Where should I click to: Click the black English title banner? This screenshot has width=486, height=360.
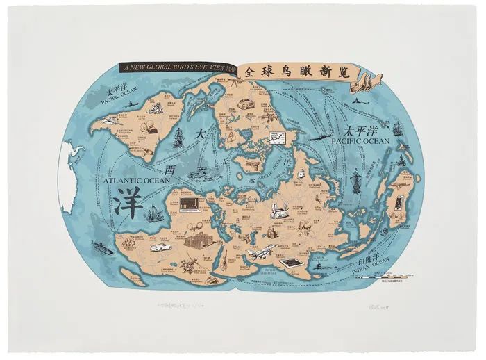click(x=177, y=67)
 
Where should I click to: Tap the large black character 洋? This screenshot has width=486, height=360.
click(x=127, y=202)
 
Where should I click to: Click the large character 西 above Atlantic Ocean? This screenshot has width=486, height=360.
click(x=167, y=169)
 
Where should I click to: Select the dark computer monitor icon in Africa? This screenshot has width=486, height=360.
click(x=187, y=204)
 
